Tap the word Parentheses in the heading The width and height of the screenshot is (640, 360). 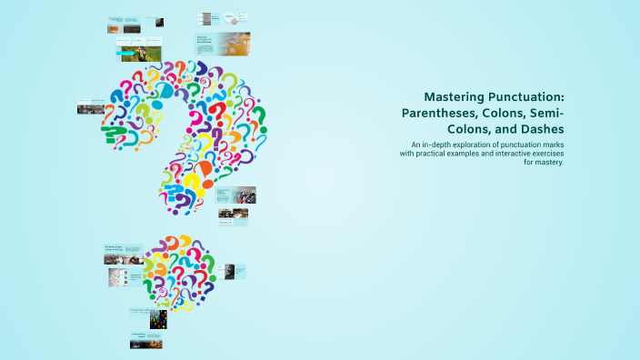point(441,113)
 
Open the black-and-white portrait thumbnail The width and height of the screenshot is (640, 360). point(230,271)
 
